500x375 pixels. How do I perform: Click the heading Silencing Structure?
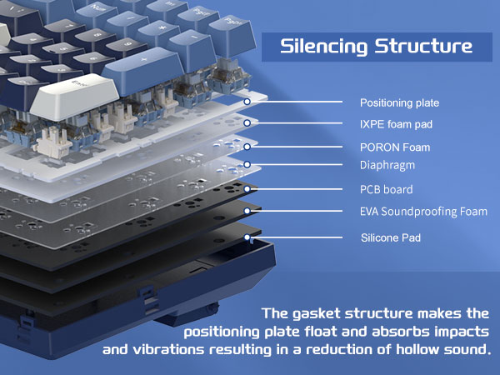(377, 45)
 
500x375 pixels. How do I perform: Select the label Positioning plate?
(399, 103)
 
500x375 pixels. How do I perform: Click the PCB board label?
(386, 189)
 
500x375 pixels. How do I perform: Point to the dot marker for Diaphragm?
(247, 165)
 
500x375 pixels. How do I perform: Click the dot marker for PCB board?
(247, 189)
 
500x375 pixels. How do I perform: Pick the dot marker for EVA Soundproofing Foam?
(247, 212)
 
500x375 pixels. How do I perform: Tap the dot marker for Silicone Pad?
(247, 237)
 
